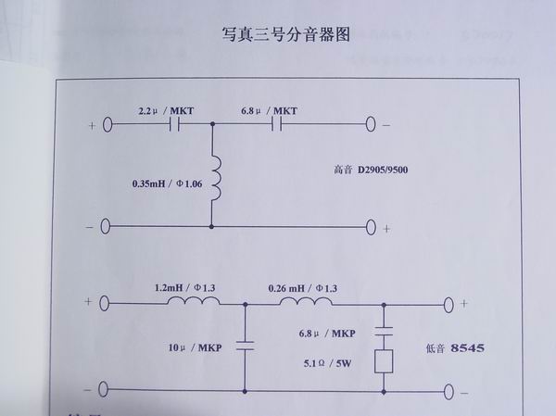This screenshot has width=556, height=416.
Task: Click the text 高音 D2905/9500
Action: coord(377,170)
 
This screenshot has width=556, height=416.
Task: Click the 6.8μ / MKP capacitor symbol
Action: coord(383,329)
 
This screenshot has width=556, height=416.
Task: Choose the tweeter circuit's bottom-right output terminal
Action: coord(372,225)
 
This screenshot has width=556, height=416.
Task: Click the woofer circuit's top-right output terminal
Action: coord(450,302)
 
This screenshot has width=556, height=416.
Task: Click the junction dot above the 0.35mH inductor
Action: coord(213,123)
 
